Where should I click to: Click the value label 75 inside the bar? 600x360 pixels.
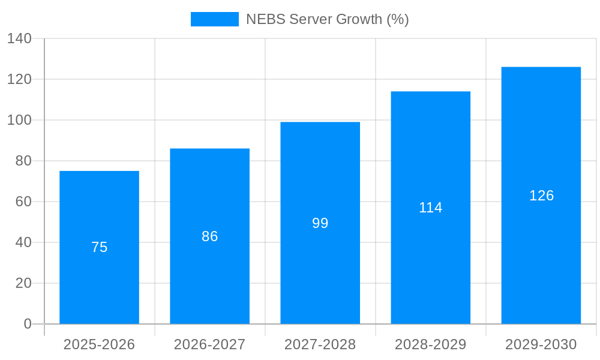tap(99, 247)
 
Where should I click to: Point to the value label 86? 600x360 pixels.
tap(209, 236)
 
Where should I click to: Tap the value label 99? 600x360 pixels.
tap(320, 223)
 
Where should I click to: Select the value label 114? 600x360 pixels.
tap(430, 208)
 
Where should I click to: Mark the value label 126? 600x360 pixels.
tap(541, 196)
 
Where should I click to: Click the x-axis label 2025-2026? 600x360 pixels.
tap(99, 344)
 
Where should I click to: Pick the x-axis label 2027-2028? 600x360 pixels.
tap(320, 344)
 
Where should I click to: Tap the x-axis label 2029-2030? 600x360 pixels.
tap(541, 344)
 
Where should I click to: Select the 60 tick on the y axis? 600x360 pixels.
tap(23, 202)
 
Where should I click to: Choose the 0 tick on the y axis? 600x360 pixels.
tap(28, 324)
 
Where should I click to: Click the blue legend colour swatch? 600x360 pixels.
tap(214, 19)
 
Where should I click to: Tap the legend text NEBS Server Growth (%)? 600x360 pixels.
tap(327, 19)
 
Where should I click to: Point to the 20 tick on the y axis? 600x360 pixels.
tap(23, 283)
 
